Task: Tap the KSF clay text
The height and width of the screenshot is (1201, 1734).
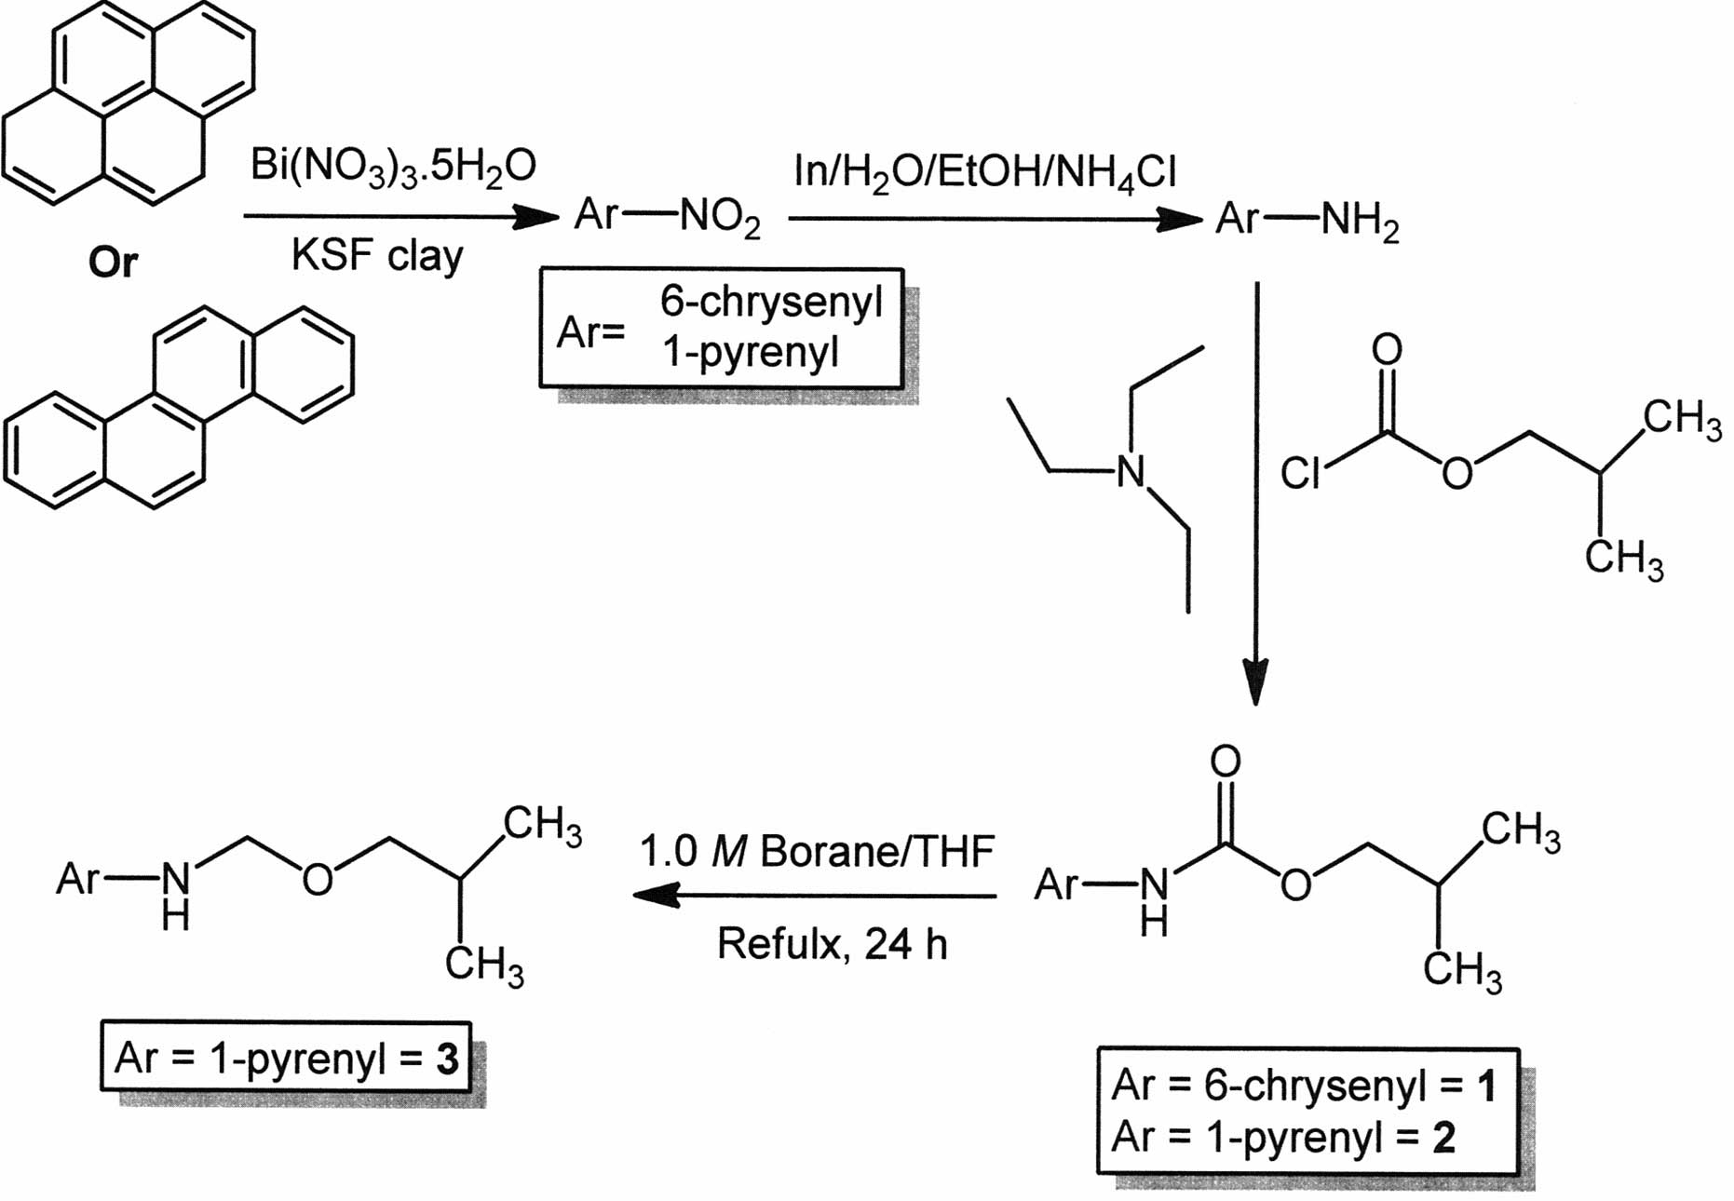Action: click(x=377, y=254)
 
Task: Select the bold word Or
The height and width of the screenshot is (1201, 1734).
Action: click(x=113, y=263)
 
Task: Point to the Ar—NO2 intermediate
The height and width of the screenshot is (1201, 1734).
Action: click(x=667, y=218)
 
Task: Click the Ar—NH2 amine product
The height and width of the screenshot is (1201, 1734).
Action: click(x=1307, y=222)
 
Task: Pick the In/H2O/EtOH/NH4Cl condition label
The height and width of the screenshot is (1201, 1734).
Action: click(x=984, y=173)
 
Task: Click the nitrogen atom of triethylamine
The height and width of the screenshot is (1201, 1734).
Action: click(x=1130, y=472)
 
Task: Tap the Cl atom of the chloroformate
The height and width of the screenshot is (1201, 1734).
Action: click(x=1301, y=473)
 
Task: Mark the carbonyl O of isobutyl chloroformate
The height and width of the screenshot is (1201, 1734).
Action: click(x=1387, y=350)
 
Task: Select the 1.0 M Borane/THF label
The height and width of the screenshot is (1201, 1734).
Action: click(x=817, y=851)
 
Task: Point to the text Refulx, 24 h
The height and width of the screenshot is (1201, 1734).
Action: click(x=832, y=944)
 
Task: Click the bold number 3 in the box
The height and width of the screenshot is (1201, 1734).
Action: click(x=448, y=1059)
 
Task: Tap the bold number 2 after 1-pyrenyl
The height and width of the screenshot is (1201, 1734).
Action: click(x=1443, y=1138)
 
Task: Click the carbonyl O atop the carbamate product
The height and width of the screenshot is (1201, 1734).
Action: click(x=1226, y=762)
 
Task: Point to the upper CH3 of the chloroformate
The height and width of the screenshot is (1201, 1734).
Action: click(x=1682, y=419)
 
